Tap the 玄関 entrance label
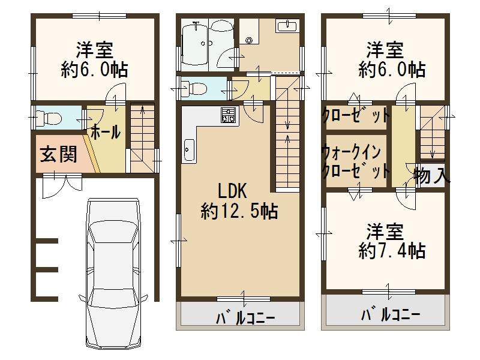pyautogui.click(x=58, y=155)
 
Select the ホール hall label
pyautogui.click(x=106, y=132)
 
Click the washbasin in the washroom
pyautogui.click(x=287, y=26)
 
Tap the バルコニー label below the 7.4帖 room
pyautogui.click(x=391, y=314)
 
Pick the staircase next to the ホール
pyautogui.click(x=142, y=139)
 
